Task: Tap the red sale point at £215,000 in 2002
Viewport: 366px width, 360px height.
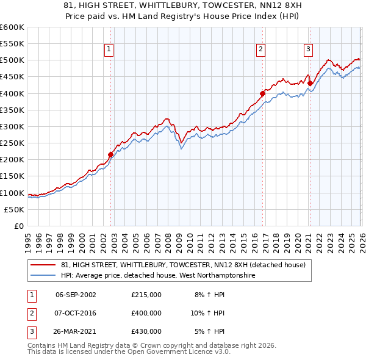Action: point(110,155)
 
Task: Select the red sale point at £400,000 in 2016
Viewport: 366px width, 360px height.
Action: point(262,93)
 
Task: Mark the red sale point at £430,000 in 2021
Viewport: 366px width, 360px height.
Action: point(310,84)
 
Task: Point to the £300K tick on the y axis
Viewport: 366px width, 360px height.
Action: point(12,126)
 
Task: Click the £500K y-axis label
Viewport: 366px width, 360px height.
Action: point(12,60)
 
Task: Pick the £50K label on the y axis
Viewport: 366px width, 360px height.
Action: point(15,209)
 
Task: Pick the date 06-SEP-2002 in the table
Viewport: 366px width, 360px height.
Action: point(76,295)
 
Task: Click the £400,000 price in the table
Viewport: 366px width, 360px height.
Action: point(146,313)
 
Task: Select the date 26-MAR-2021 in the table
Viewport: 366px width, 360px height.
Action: point(76,331)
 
